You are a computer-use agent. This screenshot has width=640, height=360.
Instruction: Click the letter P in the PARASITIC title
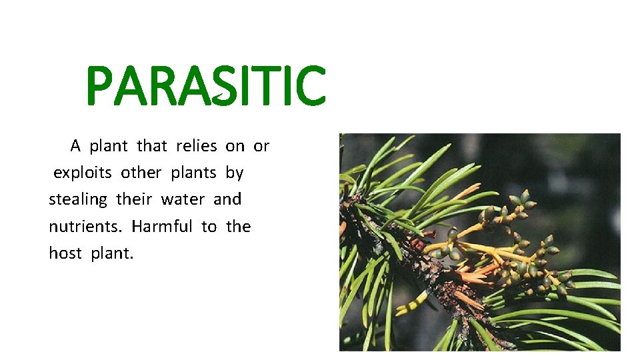101,86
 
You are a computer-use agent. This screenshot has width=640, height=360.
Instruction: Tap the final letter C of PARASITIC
308,86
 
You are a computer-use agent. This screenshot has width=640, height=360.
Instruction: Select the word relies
197,145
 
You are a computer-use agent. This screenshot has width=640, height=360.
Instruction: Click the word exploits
83,173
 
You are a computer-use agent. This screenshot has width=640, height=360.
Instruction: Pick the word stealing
77,199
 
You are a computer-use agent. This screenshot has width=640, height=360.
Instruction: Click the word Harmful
162,227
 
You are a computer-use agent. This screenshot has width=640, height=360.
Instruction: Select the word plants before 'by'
193,173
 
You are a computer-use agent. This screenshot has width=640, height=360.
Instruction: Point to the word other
141,173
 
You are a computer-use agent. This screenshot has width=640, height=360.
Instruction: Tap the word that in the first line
152,145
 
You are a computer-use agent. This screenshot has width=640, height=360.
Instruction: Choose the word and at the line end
227,199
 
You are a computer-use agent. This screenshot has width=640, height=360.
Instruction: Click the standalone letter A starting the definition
76,145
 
